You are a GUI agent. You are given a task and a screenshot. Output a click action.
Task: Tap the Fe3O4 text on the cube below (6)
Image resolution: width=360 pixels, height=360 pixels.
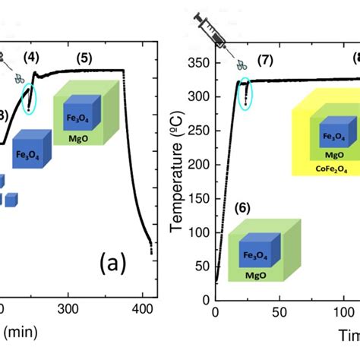tap(253, 257)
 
